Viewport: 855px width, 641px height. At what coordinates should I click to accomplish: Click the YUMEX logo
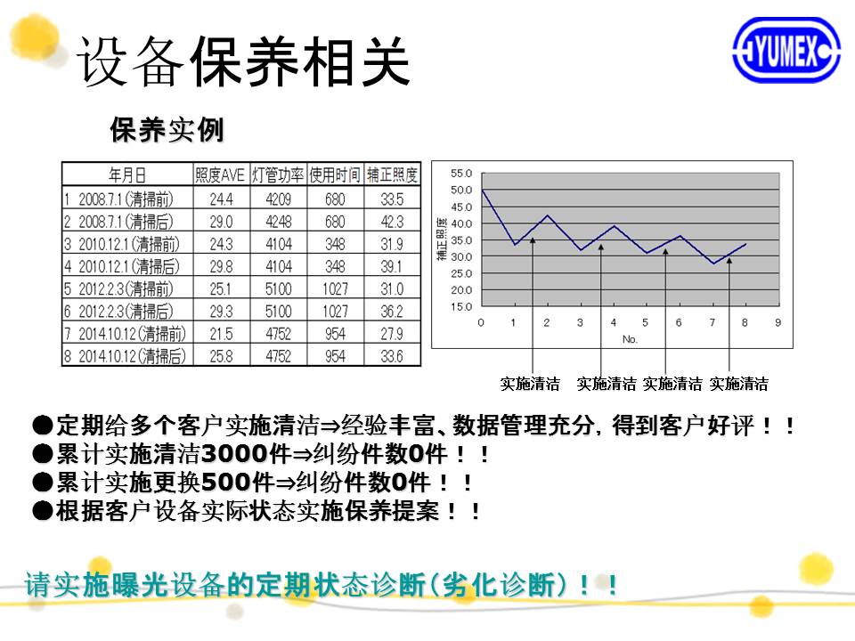pyautogui.click(x=786, y=50)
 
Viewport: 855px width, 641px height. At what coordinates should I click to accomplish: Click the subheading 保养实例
pyautogui.click(x=167, y=130)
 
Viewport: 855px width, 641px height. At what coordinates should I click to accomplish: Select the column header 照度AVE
pyautogui.click(x=220, y=174)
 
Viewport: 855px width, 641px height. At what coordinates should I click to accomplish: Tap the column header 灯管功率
pyautogui.click(x=278, y=174)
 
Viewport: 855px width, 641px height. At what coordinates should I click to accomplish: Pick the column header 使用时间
pyautogui.click(x=335, y=174)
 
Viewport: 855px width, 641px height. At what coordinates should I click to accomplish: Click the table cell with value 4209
pyautogui.click(x=278, y=199)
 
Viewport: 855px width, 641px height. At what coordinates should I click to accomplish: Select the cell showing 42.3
pyautogui.click(x=392, y=222)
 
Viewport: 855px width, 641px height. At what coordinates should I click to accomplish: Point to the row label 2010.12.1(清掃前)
pyautogui.click(x=128, y=244)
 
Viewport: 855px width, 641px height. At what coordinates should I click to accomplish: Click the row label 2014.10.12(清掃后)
pyautogui.click(x=133, y=356)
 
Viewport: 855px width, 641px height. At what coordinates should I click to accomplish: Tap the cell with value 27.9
pyautogui.click(x=392, y=334)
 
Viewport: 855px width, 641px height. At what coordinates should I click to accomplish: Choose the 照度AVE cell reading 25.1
pyautogui.click(x=220, y=288)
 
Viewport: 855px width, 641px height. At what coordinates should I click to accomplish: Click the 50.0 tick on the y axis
pyautogui.click(x=461, y=190)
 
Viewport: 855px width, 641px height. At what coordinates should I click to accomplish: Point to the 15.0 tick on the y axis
pyautogui.click(x=461, y=306)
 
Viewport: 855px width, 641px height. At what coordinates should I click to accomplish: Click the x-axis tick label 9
pyautogui.click(x=778, y=322)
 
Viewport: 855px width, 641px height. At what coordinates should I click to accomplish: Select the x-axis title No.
pyautogui.click(x=630, y=339)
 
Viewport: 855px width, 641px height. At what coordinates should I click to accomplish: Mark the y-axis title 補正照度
pyautogui.click(x=443, y=239)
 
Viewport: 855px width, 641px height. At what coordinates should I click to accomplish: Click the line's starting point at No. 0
pyautogui.click(x=483, y=190)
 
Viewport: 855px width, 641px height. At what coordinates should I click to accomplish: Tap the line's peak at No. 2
pyautogui.click(x=548, y=215)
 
